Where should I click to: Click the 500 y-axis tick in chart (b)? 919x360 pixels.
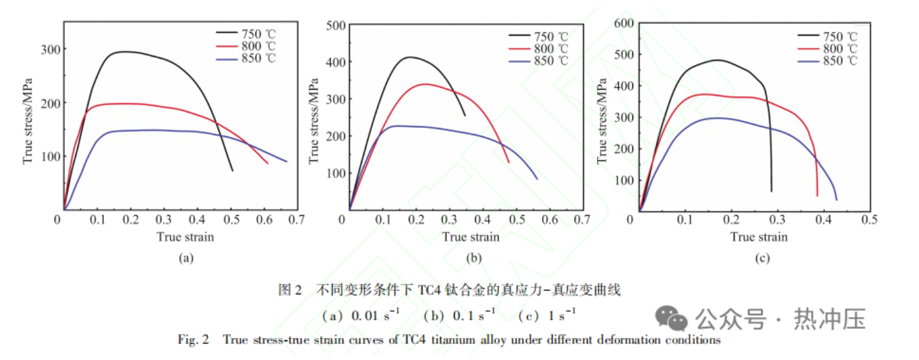click(x=337, y=25)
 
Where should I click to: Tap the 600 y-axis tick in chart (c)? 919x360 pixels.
click(x=624, y=23)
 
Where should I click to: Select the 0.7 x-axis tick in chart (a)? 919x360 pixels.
click(x=297, y=220)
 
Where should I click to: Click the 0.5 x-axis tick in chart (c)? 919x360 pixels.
click(x=869, y=220)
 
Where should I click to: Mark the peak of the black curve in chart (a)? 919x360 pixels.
click(x=123, y=51)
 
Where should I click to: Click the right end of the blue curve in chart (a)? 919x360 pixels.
click(x=286, y=161)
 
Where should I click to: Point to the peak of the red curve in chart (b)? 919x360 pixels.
click(x=424, y=84)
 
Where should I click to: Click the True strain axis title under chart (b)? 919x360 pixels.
click(x=471, y=237)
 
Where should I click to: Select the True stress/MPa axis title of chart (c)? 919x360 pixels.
click(x=602, y=118)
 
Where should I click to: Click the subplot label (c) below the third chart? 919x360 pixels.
click(x=762, y=259)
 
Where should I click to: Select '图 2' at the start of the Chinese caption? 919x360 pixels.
click(x=290, y=290)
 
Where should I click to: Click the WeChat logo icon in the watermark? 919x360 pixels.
click(x=671, y=318)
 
